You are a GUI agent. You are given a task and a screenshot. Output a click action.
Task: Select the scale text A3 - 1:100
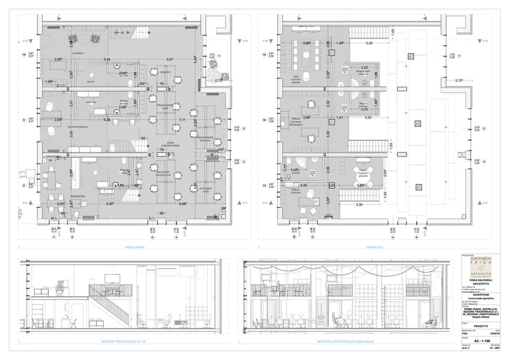tap(482, 340)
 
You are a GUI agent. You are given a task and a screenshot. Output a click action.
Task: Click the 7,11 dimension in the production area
tap(182, 120)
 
